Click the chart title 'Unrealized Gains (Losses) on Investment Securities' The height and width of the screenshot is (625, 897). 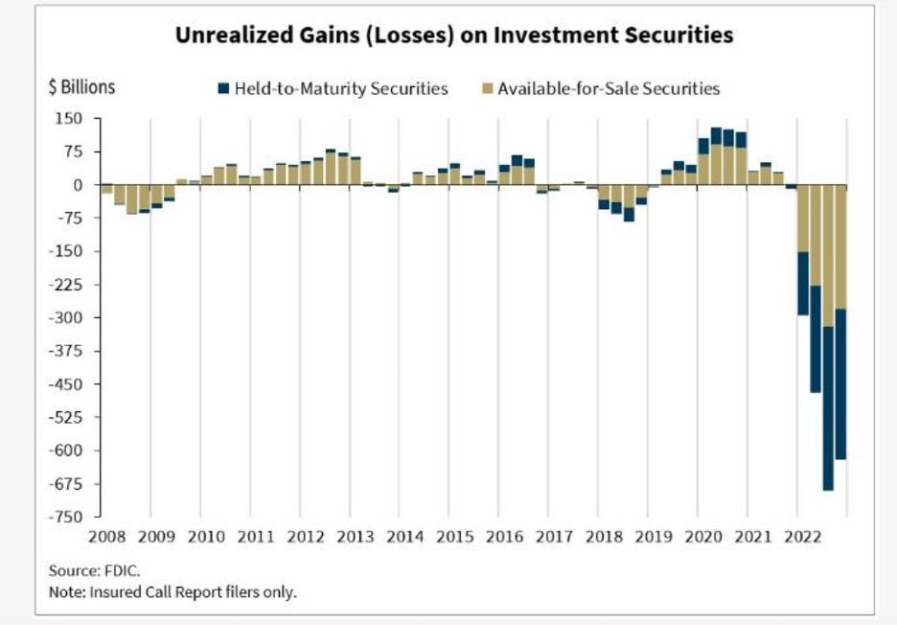[453, 35]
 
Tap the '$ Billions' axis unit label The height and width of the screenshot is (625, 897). [81, 87]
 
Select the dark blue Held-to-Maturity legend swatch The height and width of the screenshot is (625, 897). [224, 89]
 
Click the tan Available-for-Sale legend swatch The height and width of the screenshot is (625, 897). [485, 89]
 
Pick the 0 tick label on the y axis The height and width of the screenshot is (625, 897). [80, 185]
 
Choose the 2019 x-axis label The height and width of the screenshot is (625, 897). [654, 537]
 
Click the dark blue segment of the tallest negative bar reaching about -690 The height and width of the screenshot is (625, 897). [828, 408]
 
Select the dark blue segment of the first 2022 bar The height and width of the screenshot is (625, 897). [803, 283]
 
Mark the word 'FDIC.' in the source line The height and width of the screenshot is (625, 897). [123, 570]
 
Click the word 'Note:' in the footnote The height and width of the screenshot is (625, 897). [66, 591]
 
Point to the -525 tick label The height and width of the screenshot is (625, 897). [67, 418]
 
